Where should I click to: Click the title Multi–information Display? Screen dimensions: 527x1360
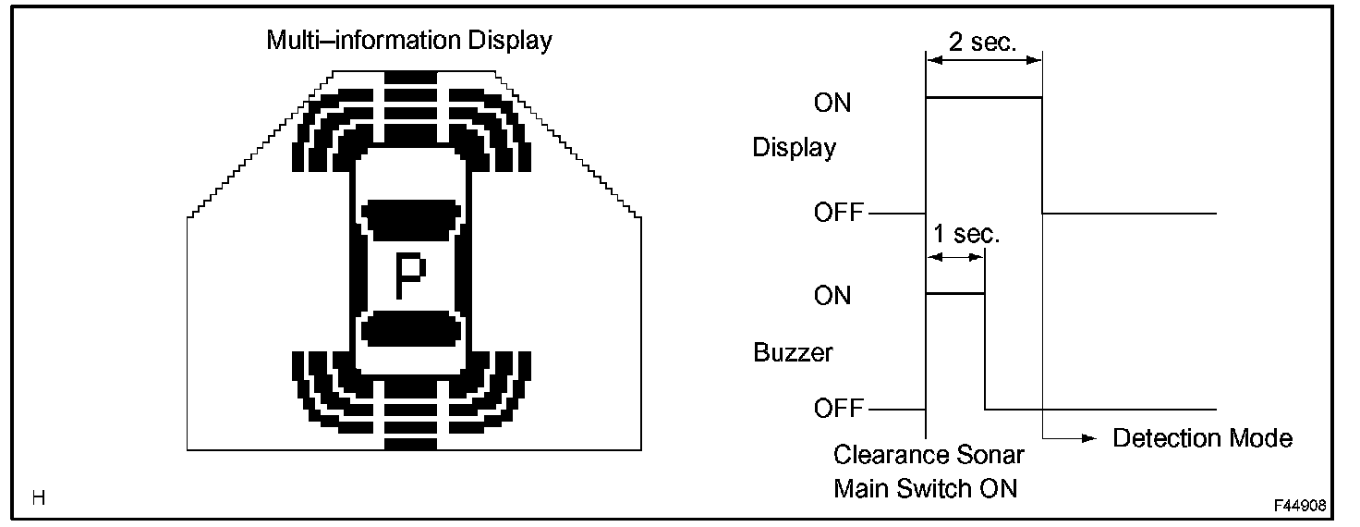click(409, 41)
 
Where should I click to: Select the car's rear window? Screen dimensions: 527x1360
click(412, 329)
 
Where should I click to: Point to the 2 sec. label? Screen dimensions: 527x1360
click(983, 41)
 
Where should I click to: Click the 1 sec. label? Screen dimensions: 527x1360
click(964, 234)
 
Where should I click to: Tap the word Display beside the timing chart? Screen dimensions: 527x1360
click(795, 148)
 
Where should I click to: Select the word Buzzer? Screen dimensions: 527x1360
click(793, 352)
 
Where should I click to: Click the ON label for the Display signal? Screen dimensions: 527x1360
click(832, 103)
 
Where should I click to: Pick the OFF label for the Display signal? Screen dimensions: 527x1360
click(838, 214)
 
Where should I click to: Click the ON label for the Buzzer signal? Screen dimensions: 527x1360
click(832, 296)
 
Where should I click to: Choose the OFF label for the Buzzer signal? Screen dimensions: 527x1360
click(838, 409)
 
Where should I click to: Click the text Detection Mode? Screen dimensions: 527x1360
click(1202, 437)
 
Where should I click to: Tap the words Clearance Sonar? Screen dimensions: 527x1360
click(929, 455)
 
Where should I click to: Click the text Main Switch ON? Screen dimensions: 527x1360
click(925, 487)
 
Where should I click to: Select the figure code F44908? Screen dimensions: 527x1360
click(1300, 506)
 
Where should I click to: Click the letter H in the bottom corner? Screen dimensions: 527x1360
click(38, 498)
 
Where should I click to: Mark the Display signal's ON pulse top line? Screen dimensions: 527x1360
click(983, 96)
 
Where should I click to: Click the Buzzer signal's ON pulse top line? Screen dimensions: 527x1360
click(955, 293)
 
